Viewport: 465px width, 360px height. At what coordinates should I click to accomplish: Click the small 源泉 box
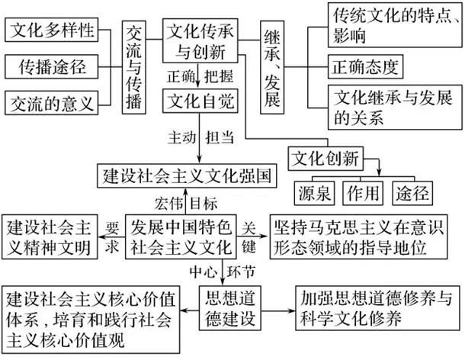313,192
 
